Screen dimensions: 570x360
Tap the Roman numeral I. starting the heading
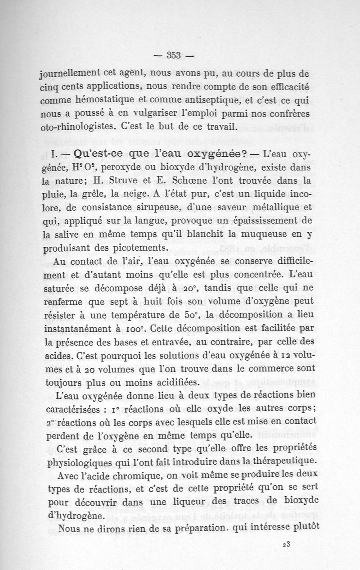coord(53,154)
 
